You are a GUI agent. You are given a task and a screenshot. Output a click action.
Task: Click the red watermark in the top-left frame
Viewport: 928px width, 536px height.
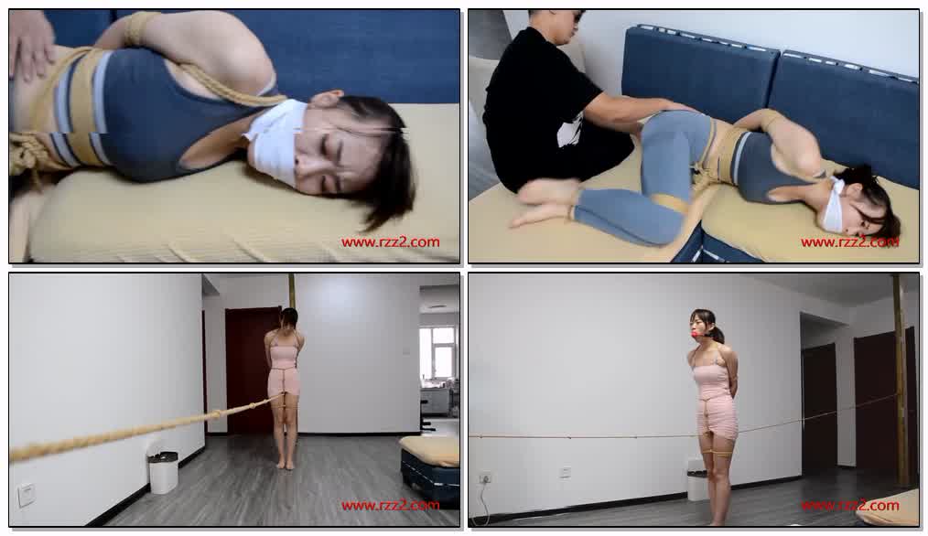coord(390,242)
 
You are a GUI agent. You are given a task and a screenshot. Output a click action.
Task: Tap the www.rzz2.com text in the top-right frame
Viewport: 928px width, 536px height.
coord(850,242)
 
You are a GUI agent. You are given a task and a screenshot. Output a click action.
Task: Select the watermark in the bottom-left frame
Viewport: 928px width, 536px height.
coord(390,505)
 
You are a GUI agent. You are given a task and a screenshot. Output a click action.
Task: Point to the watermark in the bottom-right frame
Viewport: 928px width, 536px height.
coord(850,505)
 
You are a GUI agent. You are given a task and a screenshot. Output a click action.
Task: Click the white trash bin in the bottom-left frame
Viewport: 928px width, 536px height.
coord(163,472)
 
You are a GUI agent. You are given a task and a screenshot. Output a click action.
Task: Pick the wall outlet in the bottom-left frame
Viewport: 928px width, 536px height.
coord(26,495)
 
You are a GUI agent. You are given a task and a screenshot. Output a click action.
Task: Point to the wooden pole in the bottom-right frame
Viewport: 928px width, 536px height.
coord(901,379)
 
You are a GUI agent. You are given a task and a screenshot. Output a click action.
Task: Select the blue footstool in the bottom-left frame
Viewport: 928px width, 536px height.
coord(430,469)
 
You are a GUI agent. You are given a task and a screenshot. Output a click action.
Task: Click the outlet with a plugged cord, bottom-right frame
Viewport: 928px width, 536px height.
coord(485,477)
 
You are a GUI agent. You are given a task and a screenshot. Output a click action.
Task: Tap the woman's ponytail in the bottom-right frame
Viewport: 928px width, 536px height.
coord(718,333)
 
